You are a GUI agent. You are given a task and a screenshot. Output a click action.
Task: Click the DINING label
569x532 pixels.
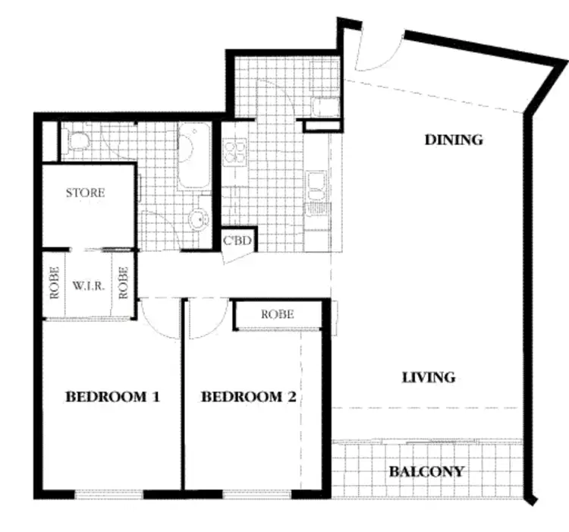(454, 140)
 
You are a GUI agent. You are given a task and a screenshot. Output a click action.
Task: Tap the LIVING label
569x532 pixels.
(429, 376)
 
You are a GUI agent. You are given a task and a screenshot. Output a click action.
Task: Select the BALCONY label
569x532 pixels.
(426, 471)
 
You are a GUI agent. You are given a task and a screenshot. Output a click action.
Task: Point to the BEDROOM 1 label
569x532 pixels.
(112, 396)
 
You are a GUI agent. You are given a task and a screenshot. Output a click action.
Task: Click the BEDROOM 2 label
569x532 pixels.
(248, 396)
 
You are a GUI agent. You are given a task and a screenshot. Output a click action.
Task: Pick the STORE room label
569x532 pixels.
(85, 193)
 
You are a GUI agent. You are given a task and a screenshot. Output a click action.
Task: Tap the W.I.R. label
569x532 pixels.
(88, 288)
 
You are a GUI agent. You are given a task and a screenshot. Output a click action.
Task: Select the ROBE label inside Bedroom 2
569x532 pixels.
(277, 314)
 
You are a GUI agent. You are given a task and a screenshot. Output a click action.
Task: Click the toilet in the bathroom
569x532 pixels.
(77, 140)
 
